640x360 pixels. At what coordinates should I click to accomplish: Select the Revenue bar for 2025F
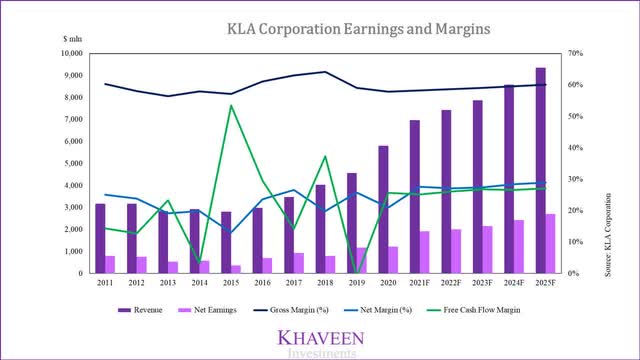pos(540,170)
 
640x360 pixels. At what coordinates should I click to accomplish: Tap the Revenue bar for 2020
pos(383,209)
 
